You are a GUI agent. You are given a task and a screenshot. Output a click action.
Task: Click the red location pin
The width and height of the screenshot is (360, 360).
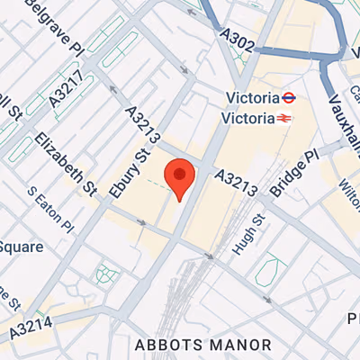[x=180, y=177]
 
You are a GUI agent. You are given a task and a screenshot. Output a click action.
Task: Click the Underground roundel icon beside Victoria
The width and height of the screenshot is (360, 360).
[x=289, y=98]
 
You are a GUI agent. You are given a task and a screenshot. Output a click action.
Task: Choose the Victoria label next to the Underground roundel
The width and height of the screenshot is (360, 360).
[x=251, y=98]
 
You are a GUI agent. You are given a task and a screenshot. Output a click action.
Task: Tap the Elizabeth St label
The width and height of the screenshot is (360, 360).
[x=67, y=164]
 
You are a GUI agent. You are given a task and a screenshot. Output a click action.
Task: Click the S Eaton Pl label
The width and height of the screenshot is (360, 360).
[x=49, y=208]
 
